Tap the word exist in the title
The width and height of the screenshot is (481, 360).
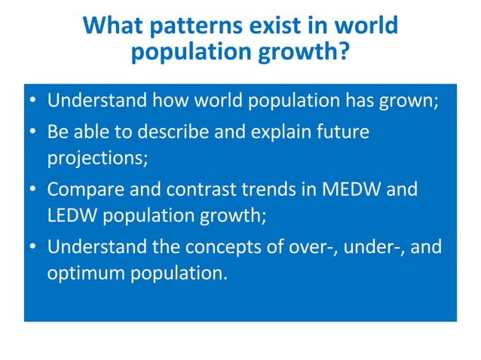pos(266,26)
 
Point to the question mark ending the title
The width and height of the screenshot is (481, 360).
pos(342,53)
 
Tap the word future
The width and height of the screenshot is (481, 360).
pos(344,133)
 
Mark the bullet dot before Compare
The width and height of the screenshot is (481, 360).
pos(34,188)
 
